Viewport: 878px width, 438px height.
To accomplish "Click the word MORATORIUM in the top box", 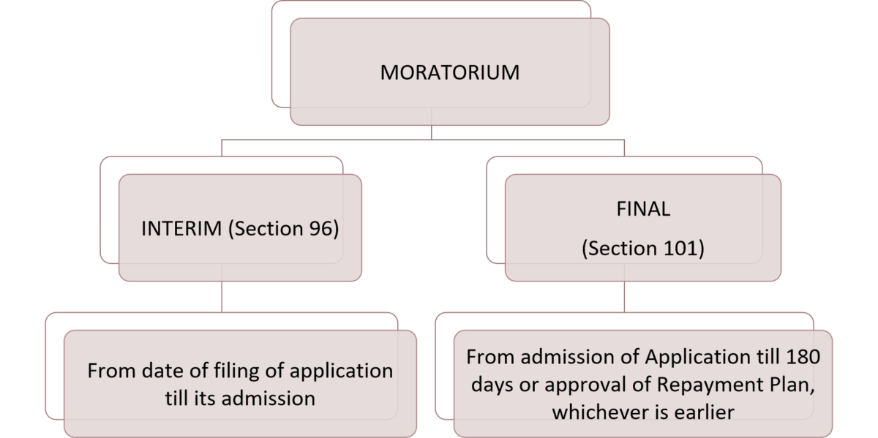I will click(450, 73).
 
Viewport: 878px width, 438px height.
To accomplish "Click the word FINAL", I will click(643, 209).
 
